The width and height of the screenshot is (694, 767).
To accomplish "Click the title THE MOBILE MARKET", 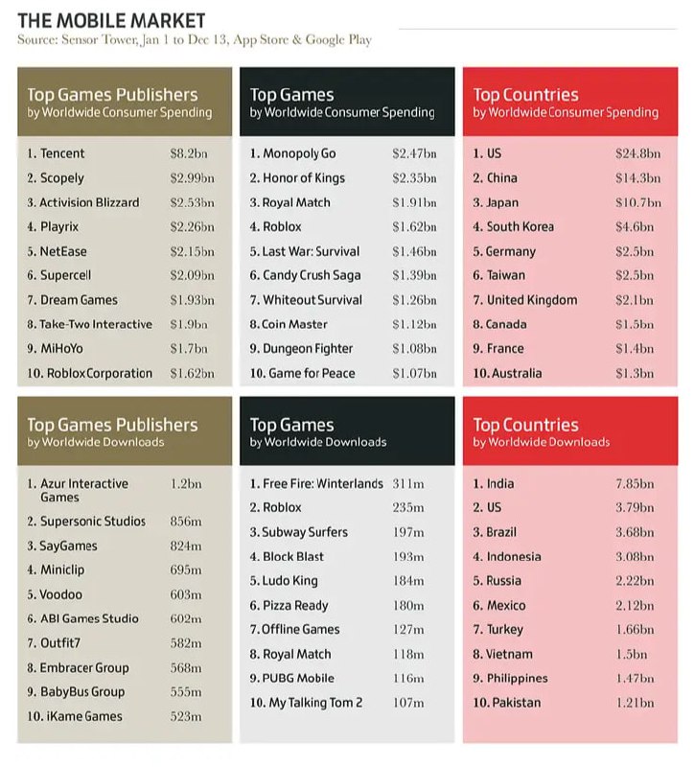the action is [111, 20].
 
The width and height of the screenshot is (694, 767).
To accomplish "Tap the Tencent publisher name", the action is [62, 153].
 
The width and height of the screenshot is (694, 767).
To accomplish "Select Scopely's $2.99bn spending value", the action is [193, 178].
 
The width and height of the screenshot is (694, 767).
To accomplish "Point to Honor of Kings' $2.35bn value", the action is [414, 178].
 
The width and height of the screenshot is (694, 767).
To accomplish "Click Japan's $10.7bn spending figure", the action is [638, 202].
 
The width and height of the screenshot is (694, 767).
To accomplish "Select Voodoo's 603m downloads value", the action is [186, 594].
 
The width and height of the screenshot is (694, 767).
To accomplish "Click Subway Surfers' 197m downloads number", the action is [408, 532].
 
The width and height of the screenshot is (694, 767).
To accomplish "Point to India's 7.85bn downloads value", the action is [635, 484].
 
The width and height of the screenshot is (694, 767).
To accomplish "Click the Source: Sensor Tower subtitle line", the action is [195, 39].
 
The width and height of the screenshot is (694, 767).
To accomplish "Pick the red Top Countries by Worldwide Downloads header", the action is [570, 430].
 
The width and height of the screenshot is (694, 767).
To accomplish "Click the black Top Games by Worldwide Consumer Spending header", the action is [347, 102].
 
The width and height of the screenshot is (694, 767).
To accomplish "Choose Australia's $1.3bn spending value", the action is [635, 374].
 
